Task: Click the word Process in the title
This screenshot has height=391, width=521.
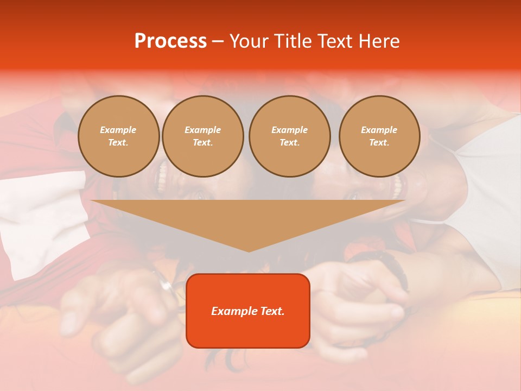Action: [170, 41]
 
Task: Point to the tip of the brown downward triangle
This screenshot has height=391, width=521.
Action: [249, 251]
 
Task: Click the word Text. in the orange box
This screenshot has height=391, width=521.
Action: [272, 311]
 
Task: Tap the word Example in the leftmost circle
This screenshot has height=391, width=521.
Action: [118, 130]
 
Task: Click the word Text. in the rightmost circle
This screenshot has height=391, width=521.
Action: [379, 142]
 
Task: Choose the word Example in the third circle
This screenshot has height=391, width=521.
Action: [289, 130]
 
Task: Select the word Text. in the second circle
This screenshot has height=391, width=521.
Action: [202, 142]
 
